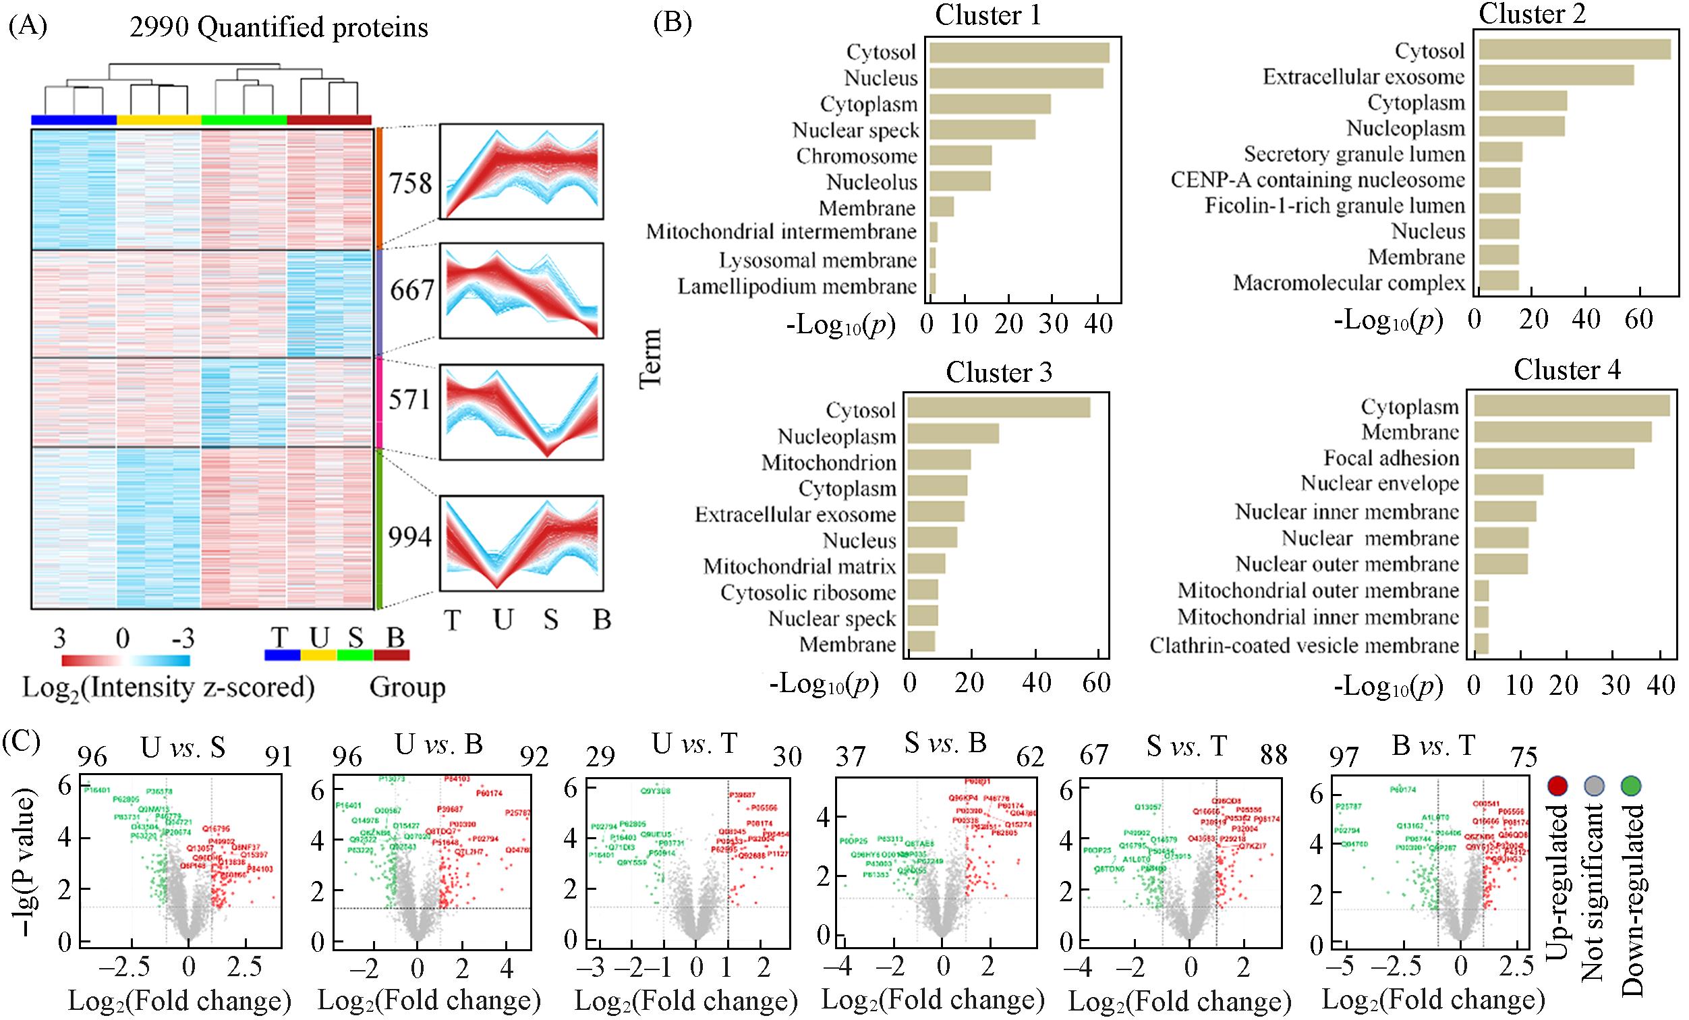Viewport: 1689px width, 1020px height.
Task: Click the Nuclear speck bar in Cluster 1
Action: [981, 130]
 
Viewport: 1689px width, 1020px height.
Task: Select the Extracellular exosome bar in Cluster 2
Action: [1556, 76]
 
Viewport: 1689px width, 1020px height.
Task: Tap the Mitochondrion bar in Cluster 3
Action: [939, 462]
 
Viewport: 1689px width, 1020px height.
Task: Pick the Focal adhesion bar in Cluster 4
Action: [1554, 458]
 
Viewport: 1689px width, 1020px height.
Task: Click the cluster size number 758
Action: [411, 183]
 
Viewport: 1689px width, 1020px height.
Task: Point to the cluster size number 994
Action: [410, 538]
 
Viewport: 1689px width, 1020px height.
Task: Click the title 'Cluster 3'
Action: [998, 372]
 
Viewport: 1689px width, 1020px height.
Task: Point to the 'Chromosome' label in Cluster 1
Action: [856, 157]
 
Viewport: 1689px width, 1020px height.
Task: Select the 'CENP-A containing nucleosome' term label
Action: [1317, 180]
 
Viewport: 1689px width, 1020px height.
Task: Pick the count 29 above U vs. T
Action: [600, 757]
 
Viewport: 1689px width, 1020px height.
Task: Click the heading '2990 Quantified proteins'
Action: [279, 28]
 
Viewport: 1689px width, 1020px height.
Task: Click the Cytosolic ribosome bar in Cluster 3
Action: [923, 592]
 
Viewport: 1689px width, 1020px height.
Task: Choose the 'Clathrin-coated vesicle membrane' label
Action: [1304, 645]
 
